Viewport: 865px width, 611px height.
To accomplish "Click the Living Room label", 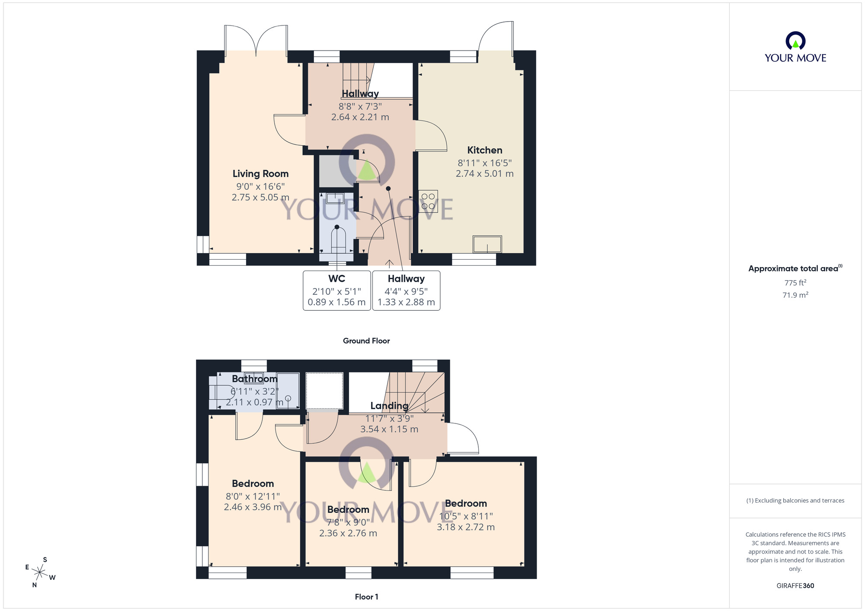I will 260,174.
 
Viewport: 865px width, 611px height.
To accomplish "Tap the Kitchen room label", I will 484,150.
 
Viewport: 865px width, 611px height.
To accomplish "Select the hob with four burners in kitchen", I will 428,201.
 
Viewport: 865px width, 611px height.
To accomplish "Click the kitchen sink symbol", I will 487,244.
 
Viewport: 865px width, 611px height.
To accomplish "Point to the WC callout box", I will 336,290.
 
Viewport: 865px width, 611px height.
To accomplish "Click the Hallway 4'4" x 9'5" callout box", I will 406,290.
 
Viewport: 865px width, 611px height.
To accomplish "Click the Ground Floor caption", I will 366,341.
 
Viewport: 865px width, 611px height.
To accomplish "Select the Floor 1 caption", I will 366,597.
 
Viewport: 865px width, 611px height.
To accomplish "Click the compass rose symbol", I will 40,573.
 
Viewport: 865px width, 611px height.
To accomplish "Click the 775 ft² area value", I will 795,283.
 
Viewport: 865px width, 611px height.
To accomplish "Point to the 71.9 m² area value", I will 795,295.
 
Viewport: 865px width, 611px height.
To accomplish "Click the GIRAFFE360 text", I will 795,586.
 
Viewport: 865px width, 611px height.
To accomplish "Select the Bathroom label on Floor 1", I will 254,379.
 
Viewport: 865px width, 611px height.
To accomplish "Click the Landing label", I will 389,406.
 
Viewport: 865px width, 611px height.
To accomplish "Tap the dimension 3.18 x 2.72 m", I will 465,527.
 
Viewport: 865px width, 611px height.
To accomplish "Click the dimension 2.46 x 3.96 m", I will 253,507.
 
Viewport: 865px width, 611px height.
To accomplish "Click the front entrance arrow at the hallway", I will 389,263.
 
